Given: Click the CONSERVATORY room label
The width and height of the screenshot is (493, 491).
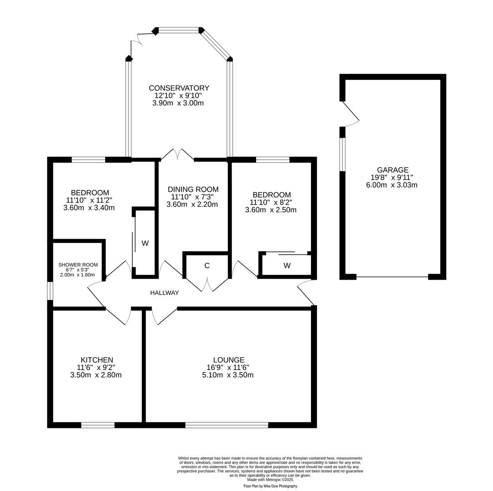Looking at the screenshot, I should point(179,88).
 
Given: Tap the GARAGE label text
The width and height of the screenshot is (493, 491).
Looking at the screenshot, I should point(392,170).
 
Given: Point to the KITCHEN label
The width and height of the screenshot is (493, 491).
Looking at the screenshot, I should point(97,360).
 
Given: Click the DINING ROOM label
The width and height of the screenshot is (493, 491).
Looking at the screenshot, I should point(193,189).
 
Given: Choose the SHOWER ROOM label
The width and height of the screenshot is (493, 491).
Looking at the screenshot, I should point(78,265).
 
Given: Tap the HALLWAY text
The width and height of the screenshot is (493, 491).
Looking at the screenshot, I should point(164,293).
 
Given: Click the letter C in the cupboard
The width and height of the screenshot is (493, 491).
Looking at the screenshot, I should point(207,266).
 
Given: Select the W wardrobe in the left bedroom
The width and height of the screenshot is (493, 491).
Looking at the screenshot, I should point(145,243).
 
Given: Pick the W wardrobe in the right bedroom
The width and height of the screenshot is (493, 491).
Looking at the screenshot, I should point(287,266).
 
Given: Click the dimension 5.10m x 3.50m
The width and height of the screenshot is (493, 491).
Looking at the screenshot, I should point(228,375).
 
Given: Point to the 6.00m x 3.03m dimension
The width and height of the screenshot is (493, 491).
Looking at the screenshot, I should point(392,185).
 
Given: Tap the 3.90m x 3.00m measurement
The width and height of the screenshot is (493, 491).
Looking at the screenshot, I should point(178,103).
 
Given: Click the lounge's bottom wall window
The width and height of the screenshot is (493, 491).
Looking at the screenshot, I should point(226,425).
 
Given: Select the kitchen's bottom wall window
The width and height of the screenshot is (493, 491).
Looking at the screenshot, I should point(98,425).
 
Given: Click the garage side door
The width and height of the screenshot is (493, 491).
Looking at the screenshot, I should point(349,114).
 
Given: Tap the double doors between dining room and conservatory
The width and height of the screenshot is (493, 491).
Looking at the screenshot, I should point(177,155).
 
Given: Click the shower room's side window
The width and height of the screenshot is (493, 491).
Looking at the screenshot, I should point(50,291).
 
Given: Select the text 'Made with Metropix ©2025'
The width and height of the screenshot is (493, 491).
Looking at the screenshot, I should point(270,480).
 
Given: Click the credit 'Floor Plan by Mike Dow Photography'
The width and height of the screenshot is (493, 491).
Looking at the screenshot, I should point(270,486).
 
